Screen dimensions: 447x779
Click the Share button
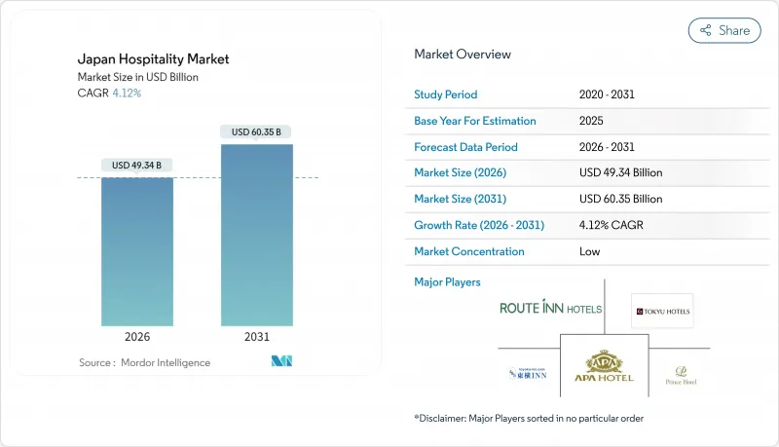tap(724, 30)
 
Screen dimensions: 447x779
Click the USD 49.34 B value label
tap(137, 164)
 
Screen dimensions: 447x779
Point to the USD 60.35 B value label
tap(256, 131)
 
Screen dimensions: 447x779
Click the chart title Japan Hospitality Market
tap(152, 59)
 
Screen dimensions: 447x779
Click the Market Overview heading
tap(463, 55)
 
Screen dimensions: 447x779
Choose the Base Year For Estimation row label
tap(475, 121)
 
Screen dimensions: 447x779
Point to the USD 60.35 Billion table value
tap(619, 199)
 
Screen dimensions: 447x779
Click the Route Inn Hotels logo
tap(550, 309)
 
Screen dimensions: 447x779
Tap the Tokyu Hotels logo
tap(662, 312)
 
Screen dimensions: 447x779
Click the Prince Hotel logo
tap(681, 374)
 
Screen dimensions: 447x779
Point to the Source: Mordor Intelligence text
tap(144, 362)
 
